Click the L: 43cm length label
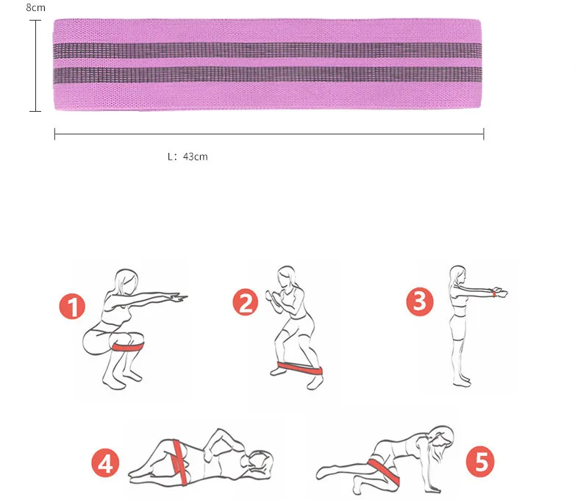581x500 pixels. [x=188, y=157]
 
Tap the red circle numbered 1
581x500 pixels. [x=73, y=307]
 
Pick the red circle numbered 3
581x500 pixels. [x=419, y=301]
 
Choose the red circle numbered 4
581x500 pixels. [x=105, y=463]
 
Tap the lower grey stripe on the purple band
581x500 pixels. [x=268, y=76]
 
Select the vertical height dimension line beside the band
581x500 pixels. [x=35, y=66]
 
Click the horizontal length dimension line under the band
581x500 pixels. [x=268, y=134]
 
